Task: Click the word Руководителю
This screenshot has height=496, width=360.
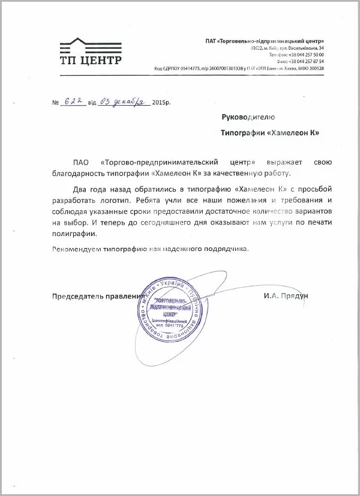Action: [x=248, y=117]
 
